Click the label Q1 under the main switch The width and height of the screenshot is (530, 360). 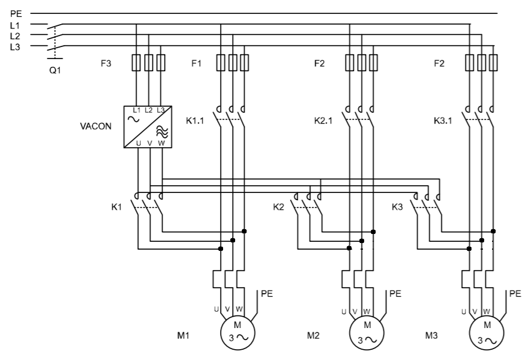[55, 69]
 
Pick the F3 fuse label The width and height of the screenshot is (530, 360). [106, 63]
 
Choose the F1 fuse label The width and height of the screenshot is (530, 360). [196, 63]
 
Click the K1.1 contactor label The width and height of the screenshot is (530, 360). [195, 121]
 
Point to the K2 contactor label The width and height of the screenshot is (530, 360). [278, 207]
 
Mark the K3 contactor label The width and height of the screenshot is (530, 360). [398, 207]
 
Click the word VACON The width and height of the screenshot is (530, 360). [96, 127]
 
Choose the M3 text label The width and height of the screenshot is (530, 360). [431, 335]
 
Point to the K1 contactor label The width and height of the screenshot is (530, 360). [116, 207]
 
